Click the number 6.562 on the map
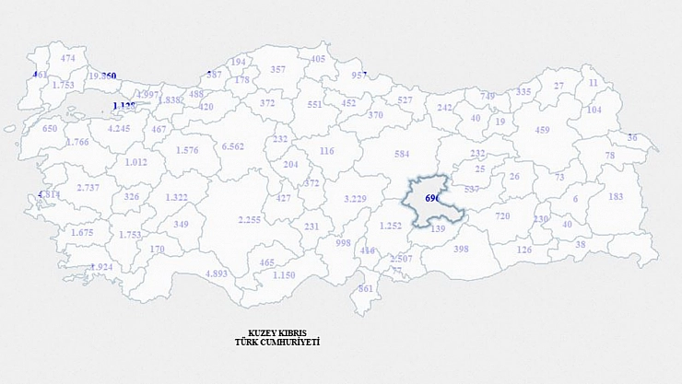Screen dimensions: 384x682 [233, 146]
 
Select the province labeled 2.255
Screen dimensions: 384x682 [250, 219]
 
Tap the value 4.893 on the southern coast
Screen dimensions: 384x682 [217, 273]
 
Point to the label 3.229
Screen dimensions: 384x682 [356, 199]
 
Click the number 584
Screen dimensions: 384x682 [402, 153]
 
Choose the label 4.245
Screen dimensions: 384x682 [119, 129]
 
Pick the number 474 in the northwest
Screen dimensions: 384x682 [68, 58]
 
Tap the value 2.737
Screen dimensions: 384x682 [88, 188]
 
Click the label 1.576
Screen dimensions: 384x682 [187, 150]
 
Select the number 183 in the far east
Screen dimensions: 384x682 [616, 196]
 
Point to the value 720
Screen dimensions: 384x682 [502, 215]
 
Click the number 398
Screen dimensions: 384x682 [462, 249]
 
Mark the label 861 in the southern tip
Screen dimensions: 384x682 [366, 288]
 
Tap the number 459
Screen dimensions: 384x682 [542, 130]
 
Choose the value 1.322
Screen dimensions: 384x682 [177, 197]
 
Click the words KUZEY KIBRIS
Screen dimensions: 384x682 [277, 332]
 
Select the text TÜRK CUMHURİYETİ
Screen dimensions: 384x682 [277, 342]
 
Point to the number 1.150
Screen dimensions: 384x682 [284, 274]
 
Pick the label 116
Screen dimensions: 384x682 [326, 151]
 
